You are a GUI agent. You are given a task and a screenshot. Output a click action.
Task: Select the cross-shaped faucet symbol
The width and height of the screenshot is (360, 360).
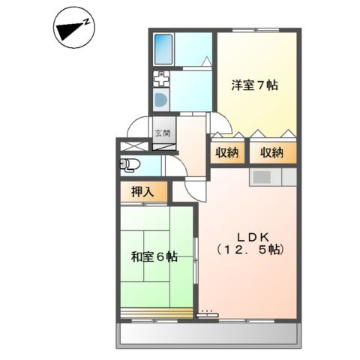pos(161,79)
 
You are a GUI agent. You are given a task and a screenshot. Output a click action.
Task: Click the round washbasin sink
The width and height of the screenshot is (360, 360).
pos(160,100)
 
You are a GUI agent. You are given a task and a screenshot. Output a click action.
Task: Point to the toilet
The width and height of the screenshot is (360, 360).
pos(130,164)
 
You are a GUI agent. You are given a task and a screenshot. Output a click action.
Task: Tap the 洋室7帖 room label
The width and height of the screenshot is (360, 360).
pos(254,85)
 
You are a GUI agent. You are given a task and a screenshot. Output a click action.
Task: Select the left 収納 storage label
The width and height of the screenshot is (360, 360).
pos(228,153)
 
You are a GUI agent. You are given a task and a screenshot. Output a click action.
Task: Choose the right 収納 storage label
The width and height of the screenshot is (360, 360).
pos(272,153)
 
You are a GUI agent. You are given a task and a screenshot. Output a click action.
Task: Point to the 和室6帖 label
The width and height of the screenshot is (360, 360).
pos(154,256)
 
